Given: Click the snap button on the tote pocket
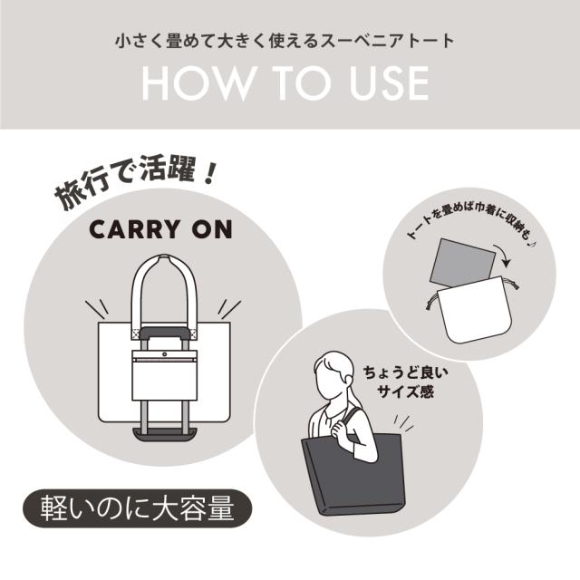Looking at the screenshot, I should click(166, 354).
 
